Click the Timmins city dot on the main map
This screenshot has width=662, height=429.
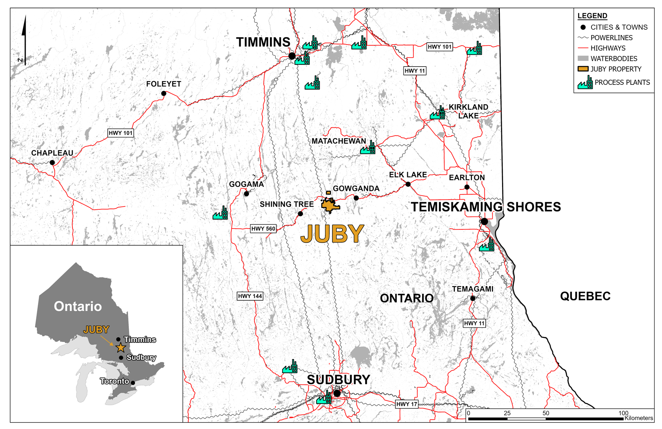[x=292, y=56]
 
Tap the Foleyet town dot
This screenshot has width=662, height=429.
[x=164, y=93]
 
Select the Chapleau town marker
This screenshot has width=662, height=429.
[x=52, y=163]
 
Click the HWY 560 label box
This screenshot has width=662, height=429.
[x=263, y=229]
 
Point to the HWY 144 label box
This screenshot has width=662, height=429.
[x=250, y=296]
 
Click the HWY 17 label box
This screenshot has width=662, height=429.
[x=406, y=404]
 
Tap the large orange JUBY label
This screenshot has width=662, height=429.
[x=332, y=234]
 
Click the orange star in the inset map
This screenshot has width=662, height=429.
[x=121, y=348]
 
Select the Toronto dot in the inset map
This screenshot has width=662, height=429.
[x=133, y=383]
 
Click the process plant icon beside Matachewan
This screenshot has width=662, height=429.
[x=368, y=148]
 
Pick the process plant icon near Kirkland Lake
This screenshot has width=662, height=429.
[x=438, y=113]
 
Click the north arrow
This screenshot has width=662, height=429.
[x=25, y=40]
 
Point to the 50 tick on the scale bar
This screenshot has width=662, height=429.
[x=545, y=413]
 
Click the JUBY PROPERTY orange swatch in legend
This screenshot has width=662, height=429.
[x=583, y=69]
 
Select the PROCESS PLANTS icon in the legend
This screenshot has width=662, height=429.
[x=585, y=83]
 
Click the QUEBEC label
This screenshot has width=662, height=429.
[x=585, y=296]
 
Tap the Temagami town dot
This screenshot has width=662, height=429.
[x=473, y=299]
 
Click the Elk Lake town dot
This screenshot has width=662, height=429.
[x=408, y=184]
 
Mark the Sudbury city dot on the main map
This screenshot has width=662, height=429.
[x=337, y=393]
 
